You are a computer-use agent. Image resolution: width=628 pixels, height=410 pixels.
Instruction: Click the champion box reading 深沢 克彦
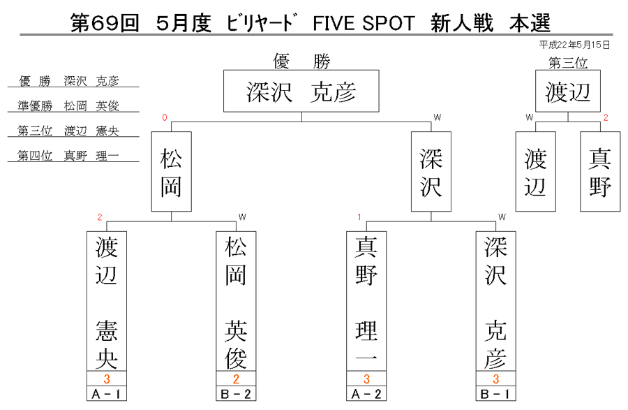click(x=301, y=91)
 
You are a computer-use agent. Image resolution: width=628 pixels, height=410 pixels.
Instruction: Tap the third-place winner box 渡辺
click(x=568, y=91)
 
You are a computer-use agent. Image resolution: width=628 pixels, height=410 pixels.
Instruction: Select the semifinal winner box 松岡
click(x=172, y=172)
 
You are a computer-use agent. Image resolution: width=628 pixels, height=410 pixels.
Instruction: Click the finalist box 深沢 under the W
click(x=431, y=172)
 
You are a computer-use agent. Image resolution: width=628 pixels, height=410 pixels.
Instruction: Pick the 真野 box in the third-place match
click(x=600, y=172)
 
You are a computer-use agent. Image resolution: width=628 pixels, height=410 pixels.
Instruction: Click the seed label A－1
click(x=107, y=393)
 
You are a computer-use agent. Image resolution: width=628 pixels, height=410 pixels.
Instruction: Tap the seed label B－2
click(x=236, y=393)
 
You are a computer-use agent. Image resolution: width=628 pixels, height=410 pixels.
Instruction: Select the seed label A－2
click(x=366, y=393)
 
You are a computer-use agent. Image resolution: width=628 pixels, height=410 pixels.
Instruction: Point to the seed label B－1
click(x=496, y=393)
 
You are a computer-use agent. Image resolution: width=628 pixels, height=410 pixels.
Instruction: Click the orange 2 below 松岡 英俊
click(x=236, y=379)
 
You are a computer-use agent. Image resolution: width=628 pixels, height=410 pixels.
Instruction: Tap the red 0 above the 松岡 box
click(x=165, y=117)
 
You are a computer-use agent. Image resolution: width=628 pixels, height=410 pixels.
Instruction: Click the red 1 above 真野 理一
click(x=359, y=217)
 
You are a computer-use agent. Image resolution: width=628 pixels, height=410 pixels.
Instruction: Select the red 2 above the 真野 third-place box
click(x=606, y=117)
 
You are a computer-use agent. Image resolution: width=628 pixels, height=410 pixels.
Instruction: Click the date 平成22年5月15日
click(x=575, y=45)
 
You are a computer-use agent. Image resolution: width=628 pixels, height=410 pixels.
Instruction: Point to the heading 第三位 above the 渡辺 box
click(x=568, y=63)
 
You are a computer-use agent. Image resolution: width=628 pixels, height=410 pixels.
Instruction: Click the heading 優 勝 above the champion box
click(x=301, y=61)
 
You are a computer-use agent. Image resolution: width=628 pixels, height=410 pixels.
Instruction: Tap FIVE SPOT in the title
click(x=364, y=23)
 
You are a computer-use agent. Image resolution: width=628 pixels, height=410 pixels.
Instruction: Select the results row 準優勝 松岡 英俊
click(x=68, y=105)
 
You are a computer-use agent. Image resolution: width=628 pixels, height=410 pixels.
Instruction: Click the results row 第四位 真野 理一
click(x=68, y=156)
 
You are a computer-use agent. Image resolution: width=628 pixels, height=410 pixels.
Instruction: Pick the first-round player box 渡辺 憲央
click(x=107, y=301)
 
